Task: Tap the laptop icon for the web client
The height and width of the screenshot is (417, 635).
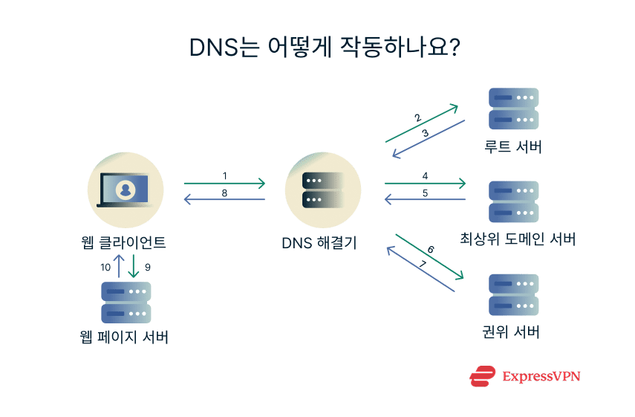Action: [125, 190]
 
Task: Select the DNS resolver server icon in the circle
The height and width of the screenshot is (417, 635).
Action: [323, 190]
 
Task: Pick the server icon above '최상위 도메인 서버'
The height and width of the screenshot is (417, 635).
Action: [513, 201]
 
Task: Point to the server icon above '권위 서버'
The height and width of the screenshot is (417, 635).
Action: [513, 295]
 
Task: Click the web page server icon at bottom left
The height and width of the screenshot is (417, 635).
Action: [126, 302]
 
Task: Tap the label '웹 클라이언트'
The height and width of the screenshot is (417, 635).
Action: [124, 242]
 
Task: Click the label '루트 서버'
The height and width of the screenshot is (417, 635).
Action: [512, 147]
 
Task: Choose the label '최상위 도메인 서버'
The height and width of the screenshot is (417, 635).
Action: [518, 239]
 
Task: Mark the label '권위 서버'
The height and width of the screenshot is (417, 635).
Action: [510, 332]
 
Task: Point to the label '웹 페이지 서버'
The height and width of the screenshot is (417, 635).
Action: [125, 337]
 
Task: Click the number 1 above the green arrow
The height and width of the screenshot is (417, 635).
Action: [224, 176]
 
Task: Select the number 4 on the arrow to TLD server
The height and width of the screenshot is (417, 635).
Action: [425, 176]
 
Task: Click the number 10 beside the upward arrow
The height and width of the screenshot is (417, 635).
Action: [105, 265]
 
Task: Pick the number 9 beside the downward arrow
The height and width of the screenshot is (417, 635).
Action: [147, 265]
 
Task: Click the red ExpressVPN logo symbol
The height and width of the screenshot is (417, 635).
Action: [483, 376]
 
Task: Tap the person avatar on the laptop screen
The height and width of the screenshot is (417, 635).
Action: [125, 190]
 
